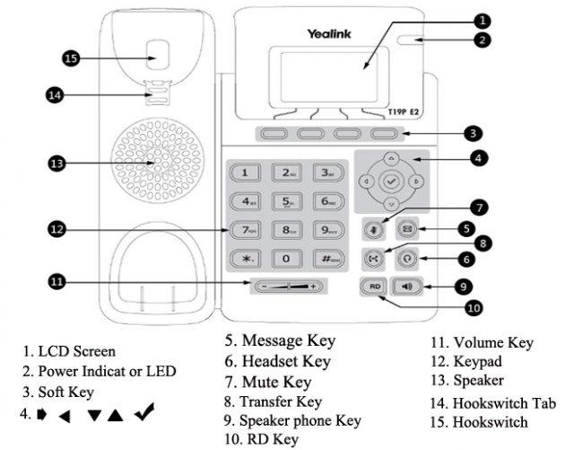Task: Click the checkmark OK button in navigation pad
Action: pyautogui.click(x=390, y=181)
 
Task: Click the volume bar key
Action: pyautogui.click(x=287, y=287)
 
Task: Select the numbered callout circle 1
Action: pyautogui.click(x=483, y=19)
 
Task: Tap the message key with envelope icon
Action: pyautogui.click(x=408, y=228)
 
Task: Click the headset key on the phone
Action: pyautogui.click(x=408, y=258)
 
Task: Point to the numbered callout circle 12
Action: pyautogui.click(x=57, y=229)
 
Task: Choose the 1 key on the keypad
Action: pyautogui.click(x=246, y=172)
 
